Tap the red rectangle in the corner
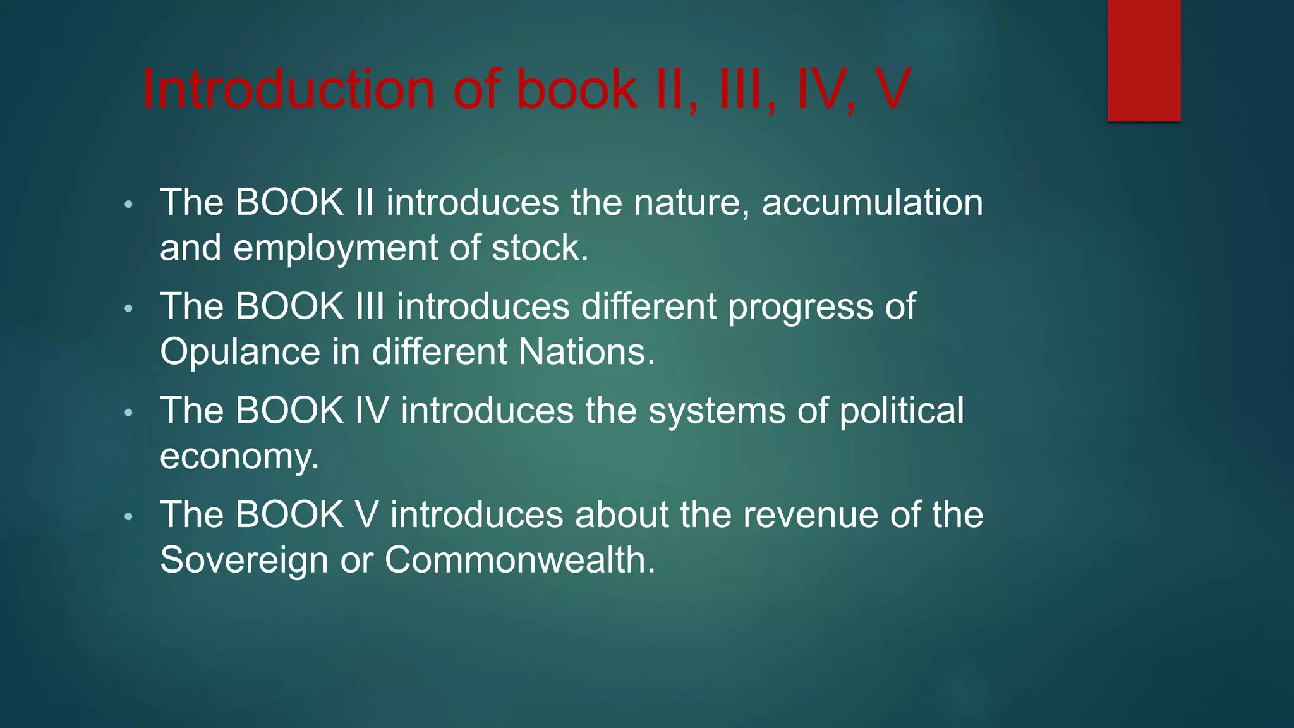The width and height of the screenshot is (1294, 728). (x=1144, y=60)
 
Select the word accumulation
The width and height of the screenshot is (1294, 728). (x=872, y=203)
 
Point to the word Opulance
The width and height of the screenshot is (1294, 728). (x=240, y=352)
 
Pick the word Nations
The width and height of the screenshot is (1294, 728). (x=586, y=352)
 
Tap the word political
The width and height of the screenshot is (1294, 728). (x=902, y=411)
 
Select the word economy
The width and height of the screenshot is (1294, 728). (x=239, y=457)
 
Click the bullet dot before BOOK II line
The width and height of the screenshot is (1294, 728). (x=129, y=205)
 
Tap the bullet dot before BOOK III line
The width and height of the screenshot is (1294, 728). (x=129, y=309)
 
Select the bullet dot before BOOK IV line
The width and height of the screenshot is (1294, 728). (x=129, y=413)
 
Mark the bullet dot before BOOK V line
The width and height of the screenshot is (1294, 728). (x=129, y=517)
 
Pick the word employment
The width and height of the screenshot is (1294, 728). (x=336, y=248)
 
